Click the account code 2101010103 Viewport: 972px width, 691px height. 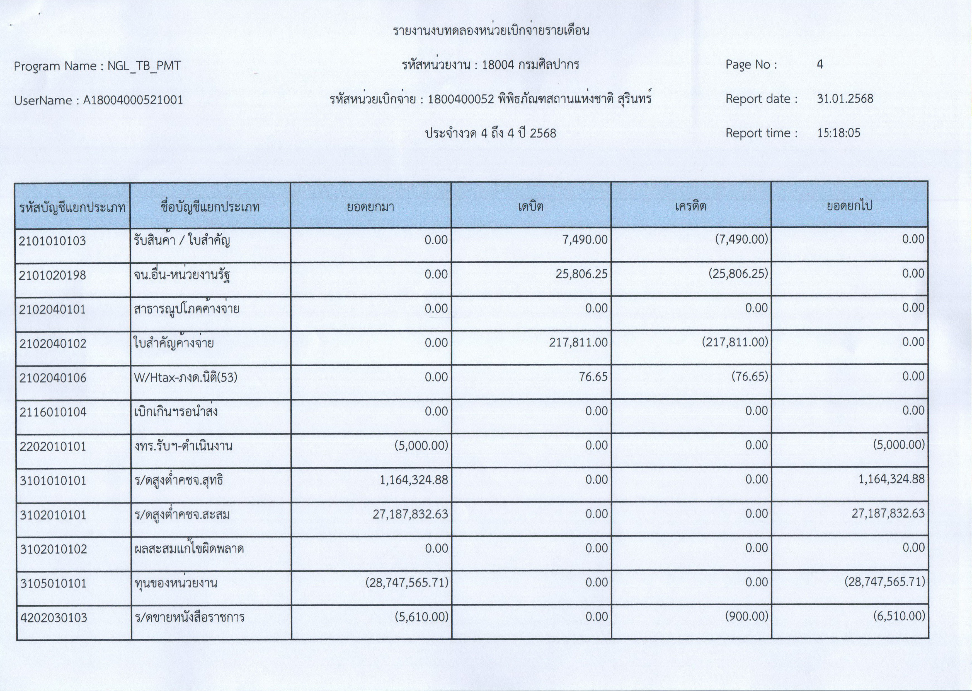point(52,241)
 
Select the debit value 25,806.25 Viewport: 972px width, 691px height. point(581,274)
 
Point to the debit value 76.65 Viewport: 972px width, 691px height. point(593,377)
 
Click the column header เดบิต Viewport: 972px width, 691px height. point(531,207)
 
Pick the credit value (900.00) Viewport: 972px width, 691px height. point(747,617)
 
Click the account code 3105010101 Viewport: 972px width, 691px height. point(53,583)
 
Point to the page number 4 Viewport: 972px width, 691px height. point(820,65)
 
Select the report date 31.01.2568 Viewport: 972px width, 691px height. point(845,99)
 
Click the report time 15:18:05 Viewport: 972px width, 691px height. point(838,133)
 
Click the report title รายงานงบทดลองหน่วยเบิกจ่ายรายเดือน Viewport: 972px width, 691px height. point(491,31)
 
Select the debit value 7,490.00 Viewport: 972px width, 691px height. point(585,240)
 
